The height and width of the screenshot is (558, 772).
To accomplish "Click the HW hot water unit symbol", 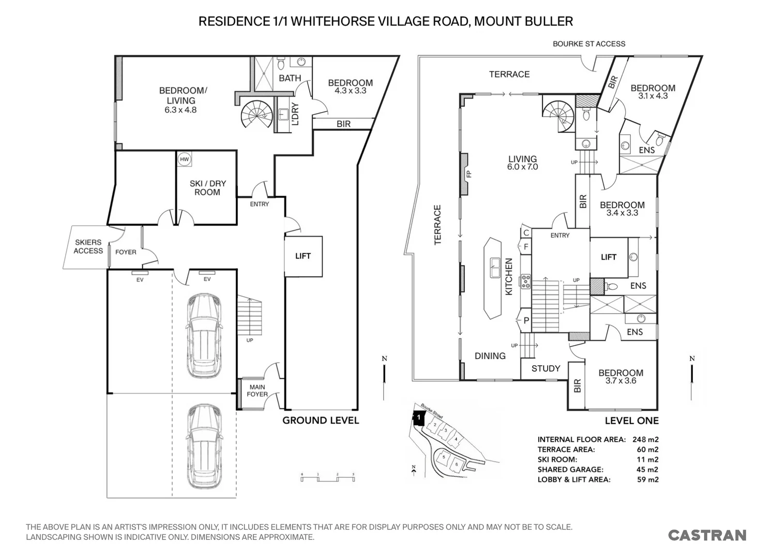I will click(184, 160).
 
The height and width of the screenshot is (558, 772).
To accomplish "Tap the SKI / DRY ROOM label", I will click(207, 188).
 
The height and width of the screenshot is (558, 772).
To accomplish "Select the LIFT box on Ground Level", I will click(303, 256).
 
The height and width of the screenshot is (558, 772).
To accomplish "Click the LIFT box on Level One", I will click(609, 257).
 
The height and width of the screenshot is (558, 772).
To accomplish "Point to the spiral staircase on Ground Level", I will click(258, 114).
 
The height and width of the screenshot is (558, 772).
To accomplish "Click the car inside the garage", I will click(204, 335).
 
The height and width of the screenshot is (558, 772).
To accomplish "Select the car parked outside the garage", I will click(204, 446).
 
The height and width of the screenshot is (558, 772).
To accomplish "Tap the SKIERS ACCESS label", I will click(88, 246).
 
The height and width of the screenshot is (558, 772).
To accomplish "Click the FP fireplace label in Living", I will click(469, 174).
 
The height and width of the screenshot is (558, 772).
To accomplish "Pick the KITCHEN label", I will click(509, 276).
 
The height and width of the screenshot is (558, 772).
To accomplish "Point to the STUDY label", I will click(546, 368).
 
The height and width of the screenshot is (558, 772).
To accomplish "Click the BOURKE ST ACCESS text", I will click(588, 44).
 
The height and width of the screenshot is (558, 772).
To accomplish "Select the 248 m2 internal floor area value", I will click(645, 440).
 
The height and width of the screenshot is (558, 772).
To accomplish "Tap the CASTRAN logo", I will click(707, 535).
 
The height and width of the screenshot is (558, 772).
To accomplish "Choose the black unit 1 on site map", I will click(417, 417).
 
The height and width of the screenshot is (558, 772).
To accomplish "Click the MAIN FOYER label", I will click(257, 391).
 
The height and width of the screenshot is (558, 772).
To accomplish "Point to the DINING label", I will click(490, 356).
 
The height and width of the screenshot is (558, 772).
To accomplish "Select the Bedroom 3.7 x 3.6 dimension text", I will click(620, 381).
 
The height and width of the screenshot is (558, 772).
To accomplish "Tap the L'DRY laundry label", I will click(296, 115).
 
